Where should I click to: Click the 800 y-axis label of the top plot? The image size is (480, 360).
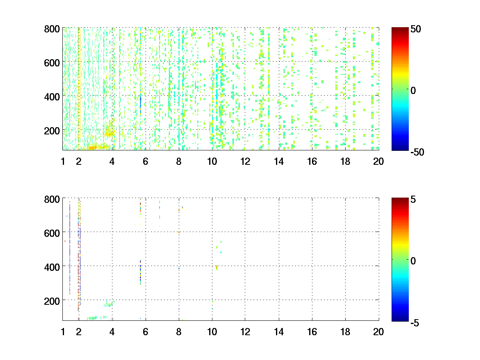pos(52,29)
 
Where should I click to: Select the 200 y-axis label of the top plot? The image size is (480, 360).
pos(52,131)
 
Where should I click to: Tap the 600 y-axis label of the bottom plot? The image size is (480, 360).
pos(52,233)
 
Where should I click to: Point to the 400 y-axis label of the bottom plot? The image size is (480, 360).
pos(52,267)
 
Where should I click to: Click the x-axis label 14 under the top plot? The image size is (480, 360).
pos(279,162)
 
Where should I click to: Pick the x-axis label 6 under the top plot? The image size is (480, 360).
pos(146,162)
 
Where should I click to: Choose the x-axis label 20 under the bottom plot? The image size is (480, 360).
pos(378,332)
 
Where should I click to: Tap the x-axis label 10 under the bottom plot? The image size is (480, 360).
pos(212,332)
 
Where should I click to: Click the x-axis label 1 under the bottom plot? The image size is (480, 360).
pos(63,332)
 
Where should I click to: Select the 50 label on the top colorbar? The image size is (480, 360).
pos(416,29)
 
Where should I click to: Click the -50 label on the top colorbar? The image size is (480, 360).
pos(417,152)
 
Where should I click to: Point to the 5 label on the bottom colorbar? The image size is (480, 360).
pos(413,199)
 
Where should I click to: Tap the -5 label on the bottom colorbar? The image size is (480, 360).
pos(415,323)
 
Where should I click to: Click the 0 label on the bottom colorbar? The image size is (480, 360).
pos(413,261)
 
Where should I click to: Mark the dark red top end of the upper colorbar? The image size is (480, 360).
pos(400,29)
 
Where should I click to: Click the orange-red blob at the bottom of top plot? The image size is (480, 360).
pos(92,148)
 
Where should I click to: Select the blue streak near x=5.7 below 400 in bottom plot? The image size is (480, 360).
pos(140,272)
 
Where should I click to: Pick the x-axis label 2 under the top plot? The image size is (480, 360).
pos(79,162)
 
